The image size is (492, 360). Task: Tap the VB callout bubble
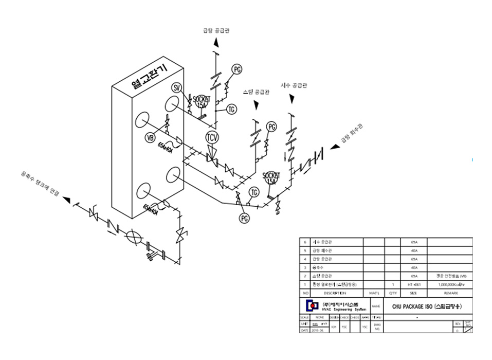click(150, 137)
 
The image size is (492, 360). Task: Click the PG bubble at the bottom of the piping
click(244, 218)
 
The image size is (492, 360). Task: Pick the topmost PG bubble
click(236, 69)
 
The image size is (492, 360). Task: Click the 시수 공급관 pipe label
click(294, 85)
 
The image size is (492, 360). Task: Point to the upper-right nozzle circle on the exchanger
click(171, 104)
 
